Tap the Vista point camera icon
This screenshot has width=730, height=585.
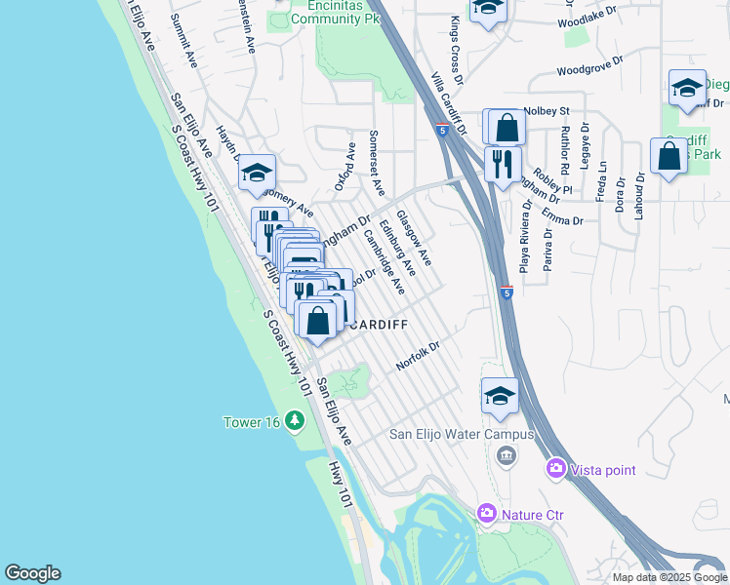coord(556,470)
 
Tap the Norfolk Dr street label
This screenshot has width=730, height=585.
coord(420,356)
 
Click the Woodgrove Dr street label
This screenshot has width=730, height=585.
coord(601,70)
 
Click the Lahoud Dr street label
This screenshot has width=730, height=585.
coord(641,196)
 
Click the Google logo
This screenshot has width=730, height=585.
coord(32,573)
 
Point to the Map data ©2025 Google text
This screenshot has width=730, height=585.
coord(669,577)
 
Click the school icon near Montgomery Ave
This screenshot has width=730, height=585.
coord(258,173)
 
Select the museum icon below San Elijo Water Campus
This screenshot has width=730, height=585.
coord(506,454)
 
